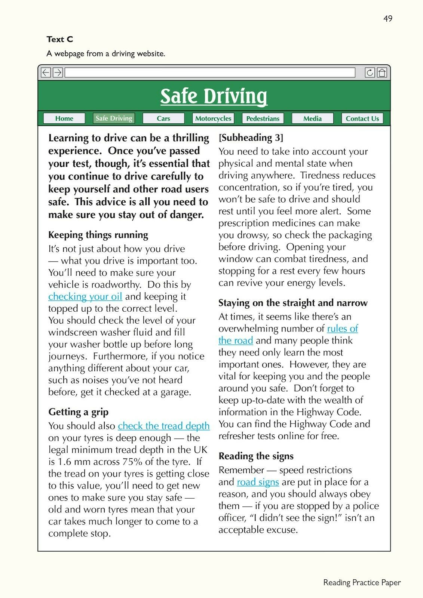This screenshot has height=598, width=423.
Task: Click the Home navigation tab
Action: coord(64,118)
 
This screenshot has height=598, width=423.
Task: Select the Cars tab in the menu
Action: coord(163,118)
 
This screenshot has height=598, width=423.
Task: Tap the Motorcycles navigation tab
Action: coord(213,118)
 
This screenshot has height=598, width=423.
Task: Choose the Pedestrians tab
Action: coord(263,118)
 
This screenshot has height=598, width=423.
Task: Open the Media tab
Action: coord(312,118)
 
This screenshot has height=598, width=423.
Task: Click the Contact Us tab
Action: coord(362,118)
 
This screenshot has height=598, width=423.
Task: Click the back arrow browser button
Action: coord(46,73)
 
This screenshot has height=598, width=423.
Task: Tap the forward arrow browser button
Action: coord(58,73)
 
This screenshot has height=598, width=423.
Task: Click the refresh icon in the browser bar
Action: coord(370,73)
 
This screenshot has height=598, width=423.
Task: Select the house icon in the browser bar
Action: coord(382,73)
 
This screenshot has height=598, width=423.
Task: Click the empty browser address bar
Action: coord(209,73)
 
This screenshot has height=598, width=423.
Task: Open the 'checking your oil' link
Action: coord(85,296)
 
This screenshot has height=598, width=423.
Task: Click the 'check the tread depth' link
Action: coord(164,426)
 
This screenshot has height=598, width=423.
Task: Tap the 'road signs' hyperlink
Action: coord(258,482)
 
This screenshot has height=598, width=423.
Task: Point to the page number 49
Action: coord(388,18)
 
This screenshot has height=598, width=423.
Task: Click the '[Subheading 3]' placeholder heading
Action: coord(251,138)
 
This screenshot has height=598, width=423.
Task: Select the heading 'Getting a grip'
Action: coord(79,412)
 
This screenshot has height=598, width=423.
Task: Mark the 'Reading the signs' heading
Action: coord(256,456)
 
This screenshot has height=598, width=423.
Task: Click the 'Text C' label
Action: coord(60,39)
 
